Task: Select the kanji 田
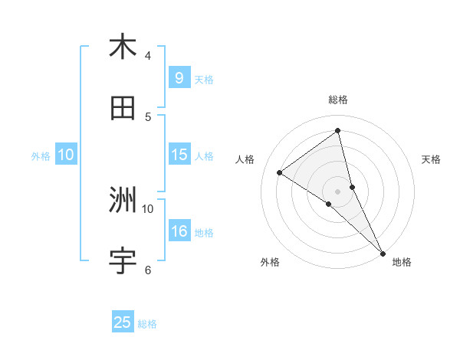tap(123, 109)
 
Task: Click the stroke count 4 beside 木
tap(148, 55)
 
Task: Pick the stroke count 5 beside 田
tap(148, 117)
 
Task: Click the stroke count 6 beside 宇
tap(148, 270)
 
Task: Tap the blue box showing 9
tap(179, 77)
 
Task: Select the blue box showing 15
tap(179, 155)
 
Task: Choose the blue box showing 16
tap(179, 231)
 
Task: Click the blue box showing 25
tap(123, 322)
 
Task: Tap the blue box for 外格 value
tap(66, 155)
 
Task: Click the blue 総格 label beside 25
tap(147, 324)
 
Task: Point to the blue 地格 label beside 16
tap(204, 233)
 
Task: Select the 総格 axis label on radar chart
tap(338, 100)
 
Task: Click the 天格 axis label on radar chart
tap(431, 159)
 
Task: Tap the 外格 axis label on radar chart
tap(270, 262)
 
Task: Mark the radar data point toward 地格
tap(383, 253)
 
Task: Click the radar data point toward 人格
tap(279, 172)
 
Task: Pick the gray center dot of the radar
tap(338, 191)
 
